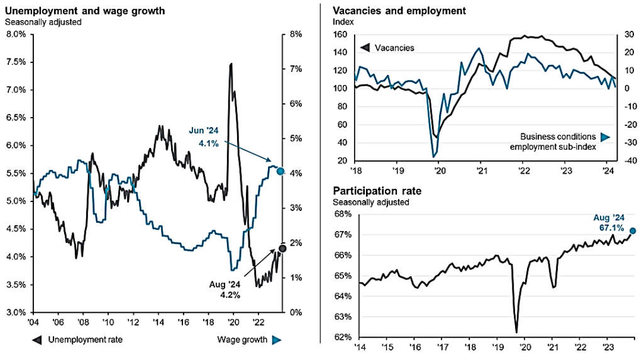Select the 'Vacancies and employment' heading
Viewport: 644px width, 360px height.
[x=399, y=11]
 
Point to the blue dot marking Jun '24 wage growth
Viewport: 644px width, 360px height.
[x=280, y=171]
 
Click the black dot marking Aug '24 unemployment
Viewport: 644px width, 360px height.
[x=282, y=248]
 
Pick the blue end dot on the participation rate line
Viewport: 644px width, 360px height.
[x=633, y=230]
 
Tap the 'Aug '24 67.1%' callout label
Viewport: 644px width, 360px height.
[x=611, y=222]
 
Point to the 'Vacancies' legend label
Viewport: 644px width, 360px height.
[x=394, y=48]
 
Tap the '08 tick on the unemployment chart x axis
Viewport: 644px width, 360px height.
[x=82, y=322]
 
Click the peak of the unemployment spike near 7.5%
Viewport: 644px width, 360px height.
[x=231, y=64]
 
